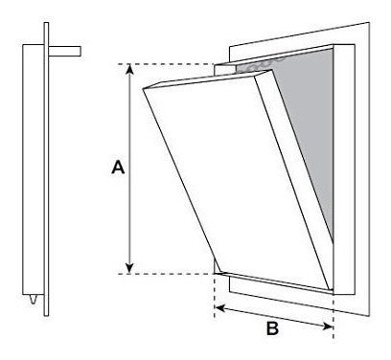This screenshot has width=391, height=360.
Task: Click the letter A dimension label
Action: [117, 169]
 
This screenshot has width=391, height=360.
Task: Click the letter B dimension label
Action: [271, 328]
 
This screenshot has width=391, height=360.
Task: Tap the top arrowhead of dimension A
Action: [130, 70]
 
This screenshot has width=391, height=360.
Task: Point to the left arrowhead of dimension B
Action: [218, 307]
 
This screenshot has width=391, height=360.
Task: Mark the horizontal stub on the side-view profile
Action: [66, 46]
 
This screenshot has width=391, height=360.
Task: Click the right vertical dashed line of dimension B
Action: [333, 306]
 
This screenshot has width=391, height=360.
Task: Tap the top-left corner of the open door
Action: [141, 87]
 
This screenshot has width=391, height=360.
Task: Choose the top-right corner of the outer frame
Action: [358, 44]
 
